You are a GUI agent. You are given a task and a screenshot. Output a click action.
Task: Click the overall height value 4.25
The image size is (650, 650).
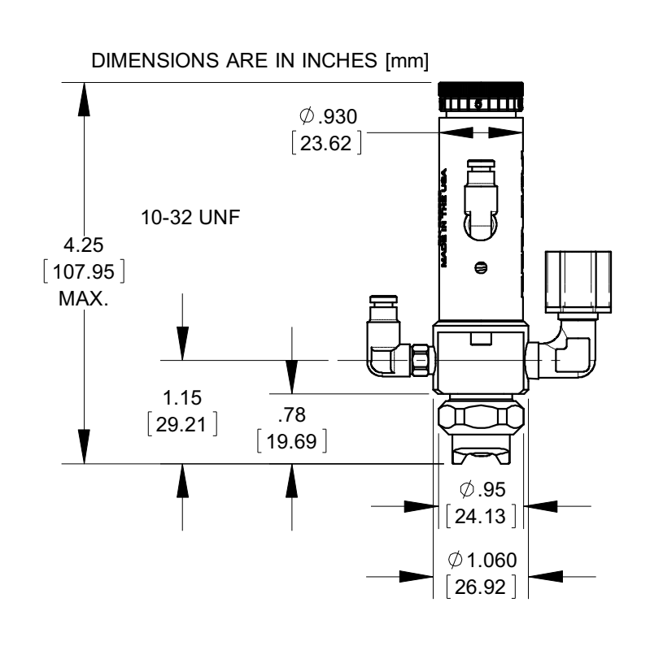[x=90, y=245]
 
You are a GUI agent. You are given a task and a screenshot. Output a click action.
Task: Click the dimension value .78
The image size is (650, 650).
[x=290, y=416]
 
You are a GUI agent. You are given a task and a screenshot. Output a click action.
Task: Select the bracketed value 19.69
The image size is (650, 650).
[x=291, y=442]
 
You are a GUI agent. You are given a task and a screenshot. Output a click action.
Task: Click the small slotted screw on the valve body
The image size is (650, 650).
[x=479, y=266]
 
